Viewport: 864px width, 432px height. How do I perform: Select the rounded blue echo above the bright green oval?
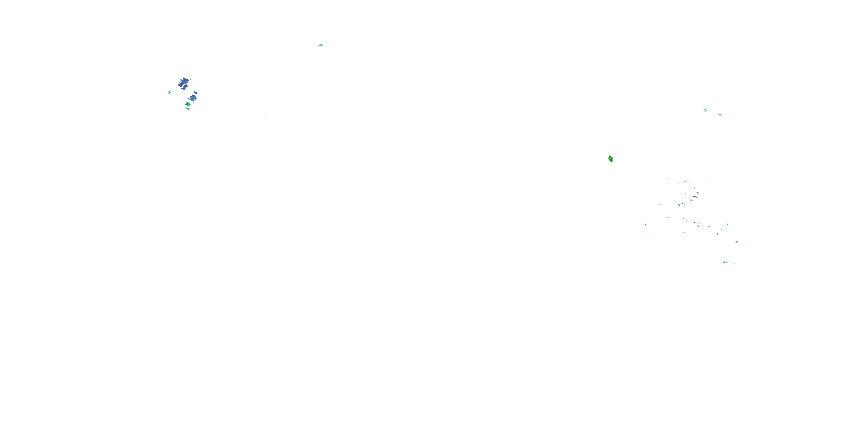193,98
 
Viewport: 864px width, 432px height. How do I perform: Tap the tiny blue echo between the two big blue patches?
195,92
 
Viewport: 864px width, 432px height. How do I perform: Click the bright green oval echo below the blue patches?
188,104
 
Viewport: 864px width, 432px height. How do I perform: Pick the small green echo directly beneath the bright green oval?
188,109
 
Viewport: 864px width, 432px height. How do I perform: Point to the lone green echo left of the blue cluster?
170,92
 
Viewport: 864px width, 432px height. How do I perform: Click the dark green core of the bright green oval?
187,104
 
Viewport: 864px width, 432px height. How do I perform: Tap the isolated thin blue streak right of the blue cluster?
267,115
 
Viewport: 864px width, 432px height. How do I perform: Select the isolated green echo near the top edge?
321,45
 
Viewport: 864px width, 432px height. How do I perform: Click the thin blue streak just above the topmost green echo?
323,42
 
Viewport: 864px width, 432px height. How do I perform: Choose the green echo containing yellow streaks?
611,159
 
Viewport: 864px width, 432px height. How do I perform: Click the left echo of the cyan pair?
705,110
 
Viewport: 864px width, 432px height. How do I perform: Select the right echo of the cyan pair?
720,114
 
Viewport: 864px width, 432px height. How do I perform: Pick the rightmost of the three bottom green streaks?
733,264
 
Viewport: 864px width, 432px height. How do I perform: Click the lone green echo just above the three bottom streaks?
736,242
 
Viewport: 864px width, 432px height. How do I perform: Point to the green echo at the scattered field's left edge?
645,224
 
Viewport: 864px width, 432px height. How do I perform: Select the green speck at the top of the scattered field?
670,179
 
